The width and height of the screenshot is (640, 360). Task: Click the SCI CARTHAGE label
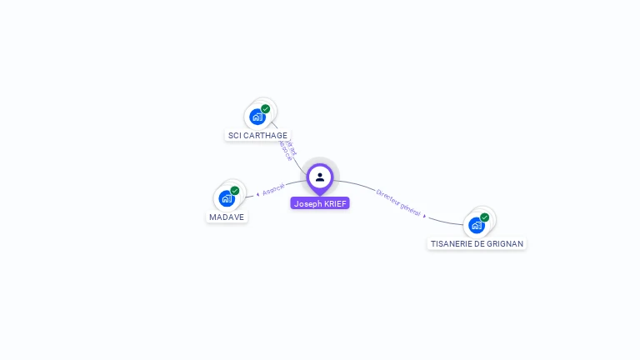(x=257, y=135)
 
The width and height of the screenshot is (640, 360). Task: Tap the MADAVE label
(x=227, y=217)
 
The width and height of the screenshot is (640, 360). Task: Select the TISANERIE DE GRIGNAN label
(x=477, y=244)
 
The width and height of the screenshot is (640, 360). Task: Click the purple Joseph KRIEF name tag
(x=320, y=203)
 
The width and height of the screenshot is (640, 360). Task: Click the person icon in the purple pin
(x=320, y=177)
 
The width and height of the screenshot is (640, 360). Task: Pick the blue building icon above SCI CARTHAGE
(x=257, y=117)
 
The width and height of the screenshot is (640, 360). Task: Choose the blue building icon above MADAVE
(x=227, y=199)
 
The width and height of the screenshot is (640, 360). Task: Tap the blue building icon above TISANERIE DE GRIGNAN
(x=476, y=225)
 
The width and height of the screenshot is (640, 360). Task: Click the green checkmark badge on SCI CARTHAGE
(x=266, y=109)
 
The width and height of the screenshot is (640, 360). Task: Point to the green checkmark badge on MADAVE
(x=235, y=191)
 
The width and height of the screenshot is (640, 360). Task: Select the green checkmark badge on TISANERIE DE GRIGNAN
(x=484, y=217)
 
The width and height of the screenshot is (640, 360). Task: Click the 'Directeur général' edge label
(x=398, y=202)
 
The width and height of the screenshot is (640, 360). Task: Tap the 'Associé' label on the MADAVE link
(x=273, y=190)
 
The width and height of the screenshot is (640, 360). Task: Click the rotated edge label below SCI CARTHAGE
(x=287, y=149)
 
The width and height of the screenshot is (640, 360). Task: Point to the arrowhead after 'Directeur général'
(x=425, y=216)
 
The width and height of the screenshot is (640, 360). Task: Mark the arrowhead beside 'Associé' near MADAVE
(x=257, y=194)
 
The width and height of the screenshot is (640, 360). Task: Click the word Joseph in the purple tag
(x=307, y=203)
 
